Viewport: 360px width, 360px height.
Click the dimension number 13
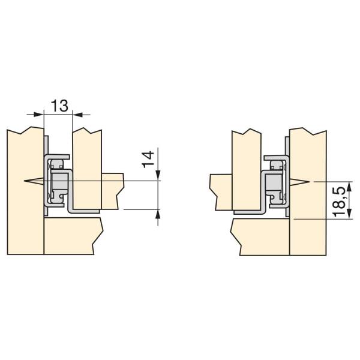click(59, 106)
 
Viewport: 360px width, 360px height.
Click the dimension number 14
click(148, 160)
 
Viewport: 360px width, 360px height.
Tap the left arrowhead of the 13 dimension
click(38, 114)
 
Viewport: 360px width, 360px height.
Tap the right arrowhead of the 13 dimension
click(77, 114)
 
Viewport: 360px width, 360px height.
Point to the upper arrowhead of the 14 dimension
click(158, 175)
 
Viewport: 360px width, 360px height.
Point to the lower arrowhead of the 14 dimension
click(158, 215)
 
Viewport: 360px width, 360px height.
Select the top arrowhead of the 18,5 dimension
click(349, 187)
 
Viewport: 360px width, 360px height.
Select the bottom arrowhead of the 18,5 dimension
click(349, 214)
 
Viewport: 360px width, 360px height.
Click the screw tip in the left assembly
click(25, 181)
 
